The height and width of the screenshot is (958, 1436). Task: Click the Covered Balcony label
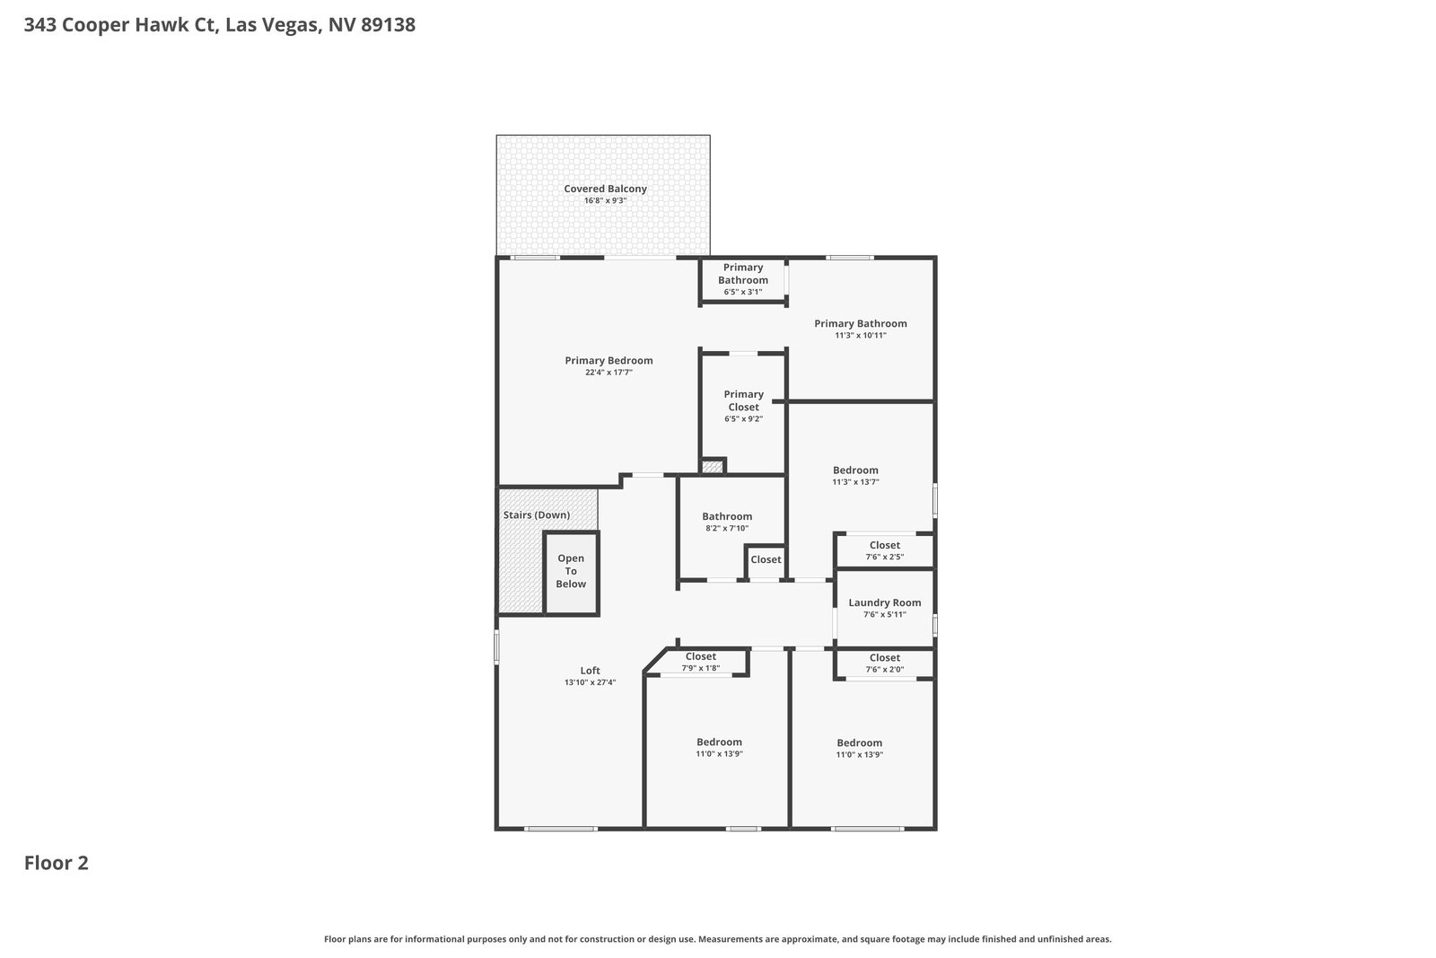pos(605,189)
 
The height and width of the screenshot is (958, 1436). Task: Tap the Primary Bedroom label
pos(609,360)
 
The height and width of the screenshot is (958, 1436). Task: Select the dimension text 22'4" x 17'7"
pos(609,373)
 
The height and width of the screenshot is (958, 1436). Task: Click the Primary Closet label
pos(743,400)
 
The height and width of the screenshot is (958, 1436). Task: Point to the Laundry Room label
pos(885,602)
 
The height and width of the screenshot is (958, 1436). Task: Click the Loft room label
pos(590,671)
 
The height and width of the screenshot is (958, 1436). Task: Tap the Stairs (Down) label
pos(536,514)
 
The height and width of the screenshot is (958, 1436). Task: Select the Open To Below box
pos(571,573)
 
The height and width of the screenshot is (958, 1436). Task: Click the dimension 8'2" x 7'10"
pos(727,528)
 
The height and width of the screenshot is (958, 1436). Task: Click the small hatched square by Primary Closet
pos(713,466)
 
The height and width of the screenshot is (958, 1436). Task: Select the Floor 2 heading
pos(57,863)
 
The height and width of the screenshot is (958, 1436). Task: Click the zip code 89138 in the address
pos(388,24)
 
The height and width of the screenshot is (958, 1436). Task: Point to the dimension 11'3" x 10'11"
pos(861,336)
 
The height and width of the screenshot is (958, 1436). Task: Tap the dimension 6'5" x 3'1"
pos(743,292)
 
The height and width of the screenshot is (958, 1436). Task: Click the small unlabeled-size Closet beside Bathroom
pos(766,559)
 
